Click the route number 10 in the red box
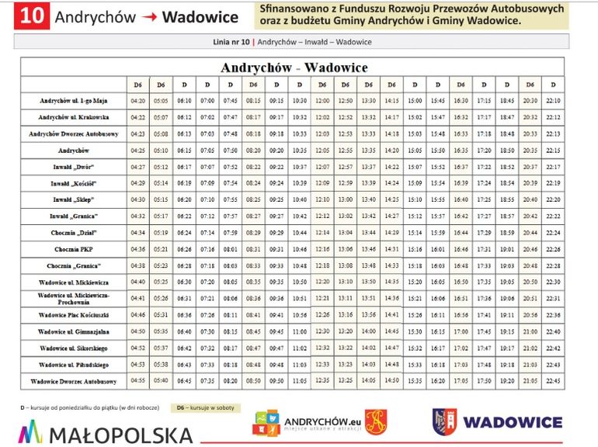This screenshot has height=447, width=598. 33,16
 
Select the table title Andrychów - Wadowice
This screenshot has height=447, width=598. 294,68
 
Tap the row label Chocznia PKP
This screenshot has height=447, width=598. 74,249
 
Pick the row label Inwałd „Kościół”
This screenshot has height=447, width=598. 74,182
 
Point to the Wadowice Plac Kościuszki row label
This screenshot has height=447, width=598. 74,315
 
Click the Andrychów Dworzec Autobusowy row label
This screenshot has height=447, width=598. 74,133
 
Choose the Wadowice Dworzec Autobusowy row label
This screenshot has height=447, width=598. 74,381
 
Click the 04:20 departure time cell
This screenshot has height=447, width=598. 138,101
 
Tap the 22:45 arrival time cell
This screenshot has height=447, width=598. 553,381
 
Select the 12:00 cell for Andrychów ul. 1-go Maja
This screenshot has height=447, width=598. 322,101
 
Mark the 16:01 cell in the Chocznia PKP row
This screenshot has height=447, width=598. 438,249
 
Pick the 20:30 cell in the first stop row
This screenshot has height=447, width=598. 530,101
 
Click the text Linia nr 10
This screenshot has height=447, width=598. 231,42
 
